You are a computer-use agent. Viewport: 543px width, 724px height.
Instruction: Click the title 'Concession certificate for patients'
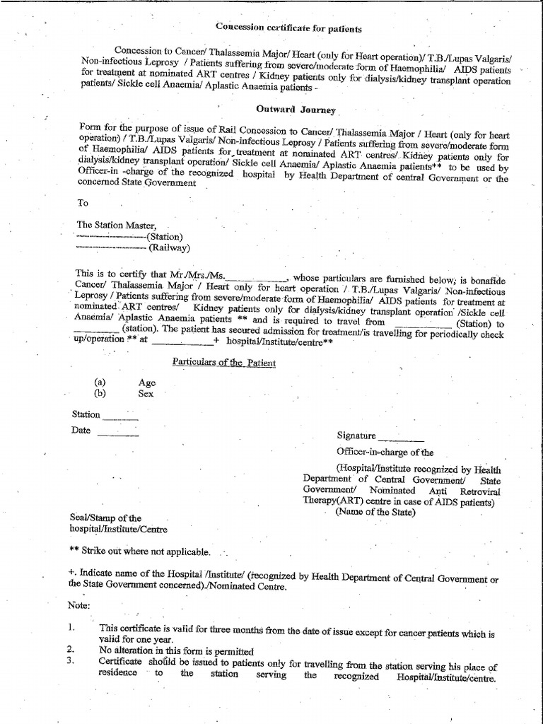coord(288,29)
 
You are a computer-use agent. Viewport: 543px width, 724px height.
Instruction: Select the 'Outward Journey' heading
coord(296,110)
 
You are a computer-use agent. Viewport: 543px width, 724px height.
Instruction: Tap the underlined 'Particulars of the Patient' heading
coord(224,363)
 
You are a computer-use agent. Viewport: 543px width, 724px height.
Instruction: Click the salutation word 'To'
coord(83,202)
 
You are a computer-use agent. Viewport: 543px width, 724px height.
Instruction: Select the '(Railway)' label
coord(168,247)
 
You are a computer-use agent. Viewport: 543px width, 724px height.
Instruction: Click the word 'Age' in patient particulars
coord(147,383)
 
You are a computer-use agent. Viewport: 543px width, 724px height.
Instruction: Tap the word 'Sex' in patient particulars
coord(146,394)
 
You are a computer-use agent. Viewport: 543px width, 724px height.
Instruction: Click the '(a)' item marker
coord(100,382)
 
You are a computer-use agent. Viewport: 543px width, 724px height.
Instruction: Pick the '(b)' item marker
coord(100,393)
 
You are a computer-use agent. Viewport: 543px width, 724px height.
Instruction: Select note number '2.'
coord(71,649)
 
